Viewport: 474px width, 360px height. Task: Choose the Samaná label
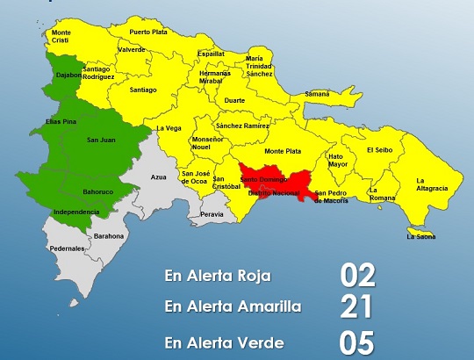(x=316, y=93)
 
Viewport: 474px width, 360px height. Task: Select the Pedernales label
(x=68, y=248)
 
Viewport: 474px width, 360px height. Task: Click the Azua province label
(x=158, y=177)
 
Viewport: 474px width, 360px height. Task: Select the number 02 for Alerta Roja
(x=358, y=275)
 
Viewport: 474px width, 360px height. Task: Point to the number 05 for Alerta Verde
(x=358, y=342)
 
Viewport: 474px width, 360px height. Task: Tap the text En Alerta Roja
(x=217, y=275)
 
